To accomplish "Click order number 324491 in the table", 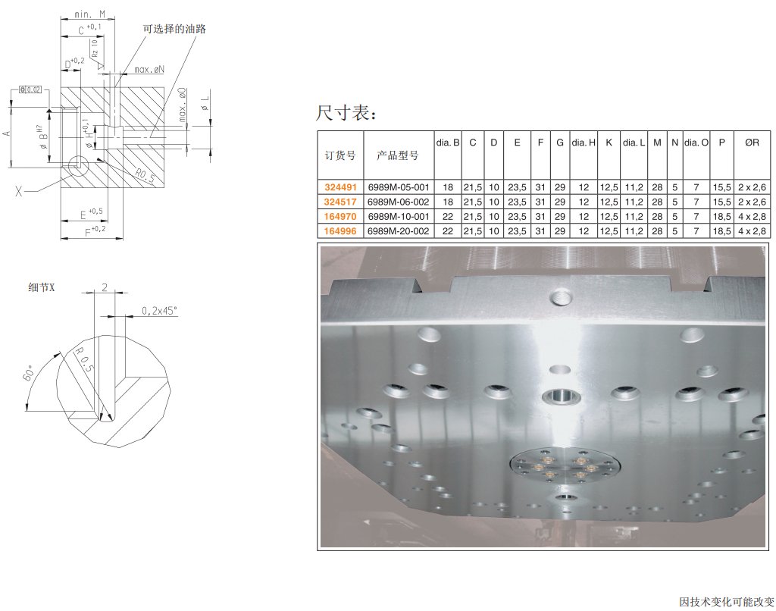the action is (x=340, y=187).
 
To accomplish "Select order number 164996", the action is (x=340, y=230).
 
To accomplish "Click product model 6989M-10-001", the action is (x=399, y=216).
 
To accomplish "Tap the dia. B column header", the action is (x=448, y=143).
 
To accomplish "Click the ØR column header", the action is (x=753, y=143).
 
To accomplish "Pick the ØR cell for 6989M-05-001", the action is (x=753, y=187).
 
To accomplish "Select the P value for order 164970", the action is (x=722, y=216).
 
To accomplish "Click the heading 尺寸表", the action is (x=346, y=113).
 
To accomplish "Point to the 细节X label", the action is (x=42, y=287).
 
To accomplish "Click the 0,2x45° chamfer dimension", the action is (x=159, y=311).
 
